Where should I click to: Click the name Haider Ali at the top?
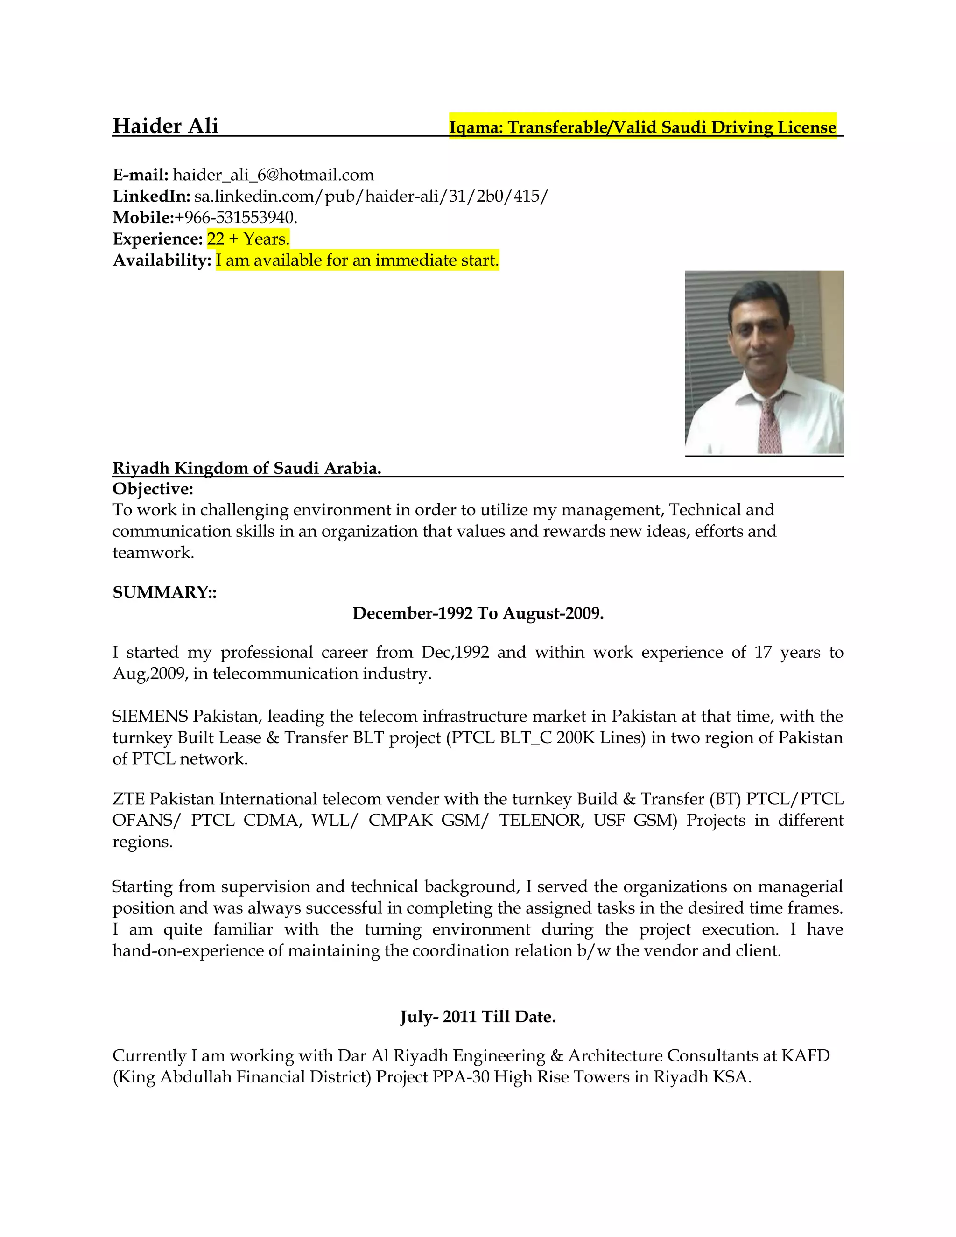tap(165, 126)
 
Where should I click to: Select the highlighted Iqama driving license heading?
tap(642, 127)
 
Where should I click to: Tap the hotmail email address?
tap(273, 175)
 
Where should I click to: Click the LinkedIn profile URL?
tap(371, 196)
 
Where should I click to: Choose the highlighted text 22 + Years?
tap(248, 239)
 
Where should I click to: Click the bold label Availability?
tap(162, 260)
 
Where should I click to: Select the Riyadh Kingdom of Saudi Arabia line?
tap(247, 468)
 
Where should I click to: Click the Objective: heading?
tap(153, 489)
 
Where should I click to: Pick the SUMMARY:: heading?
tap(164, 592)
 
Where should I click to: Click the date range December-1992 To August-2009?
tap(478, 613)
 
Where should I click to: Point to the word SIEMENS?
tap(149, 717)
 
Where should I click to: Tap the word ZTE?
tap(128, 799)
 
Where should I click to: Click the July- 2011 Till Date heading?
tap(478, 1017)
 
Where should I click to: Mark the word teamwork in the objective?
tap(153, 553)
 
